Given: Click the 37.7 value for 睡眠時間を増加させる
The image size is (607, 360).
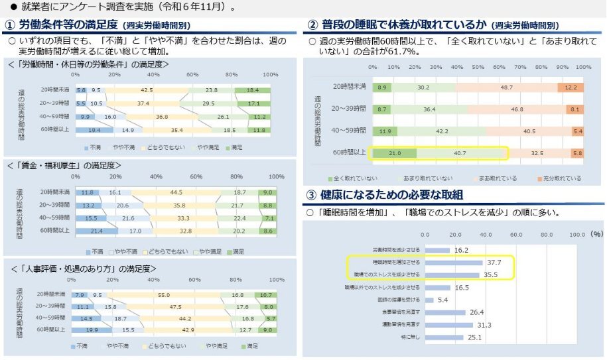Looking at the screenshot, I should click(494, 263).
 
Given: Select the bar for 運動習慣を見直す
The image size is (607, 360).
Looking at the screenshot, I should click(448, 325).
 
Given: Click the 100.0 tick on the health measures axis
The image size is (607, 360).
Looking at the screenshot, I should click(577, 234).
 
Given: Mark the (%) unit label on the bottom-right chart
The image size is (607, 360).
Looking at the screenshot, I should click(597, 234).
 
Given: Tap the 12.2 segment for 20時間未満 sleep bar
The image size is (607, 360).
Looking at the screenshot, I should click(571, 88).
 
